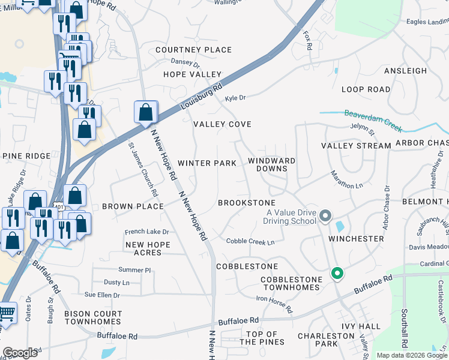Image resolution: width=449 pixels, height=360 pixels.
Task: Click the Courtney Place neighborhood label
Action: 193,49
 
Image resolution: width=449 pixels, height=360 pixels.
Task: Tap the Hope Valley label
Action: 193,74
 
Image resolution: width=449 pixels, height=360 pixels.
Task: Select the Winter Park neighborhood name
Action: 206,163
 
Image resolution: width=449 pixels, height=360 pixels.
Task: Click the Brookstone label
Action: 246,203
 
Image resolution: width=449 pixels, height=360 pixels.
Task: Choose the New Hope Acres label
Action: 148,248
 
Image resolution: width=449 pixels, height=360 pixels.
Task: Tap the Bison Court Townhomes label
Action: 93,317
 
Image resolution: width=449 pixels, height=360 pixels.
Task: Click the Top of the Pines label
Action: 258,338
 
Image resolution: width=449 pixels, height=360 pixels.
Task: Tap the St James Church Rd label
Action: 143,170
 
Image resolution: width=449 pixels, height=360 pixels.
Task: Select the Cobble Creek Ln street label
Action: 250,242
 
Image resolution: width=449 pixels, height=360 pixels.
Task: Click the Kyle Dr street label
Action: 235,98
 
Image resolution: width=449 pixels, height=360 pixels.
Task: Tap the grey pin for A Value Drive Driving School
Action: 325,215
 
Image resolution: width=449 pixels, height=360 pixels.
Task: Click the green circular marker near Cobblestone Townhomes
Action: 337,274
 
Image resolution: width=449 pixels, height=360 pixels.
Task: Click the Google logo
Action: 20,353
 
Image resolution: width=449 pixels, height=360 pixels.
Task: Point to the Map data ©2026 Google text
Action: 411,355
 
